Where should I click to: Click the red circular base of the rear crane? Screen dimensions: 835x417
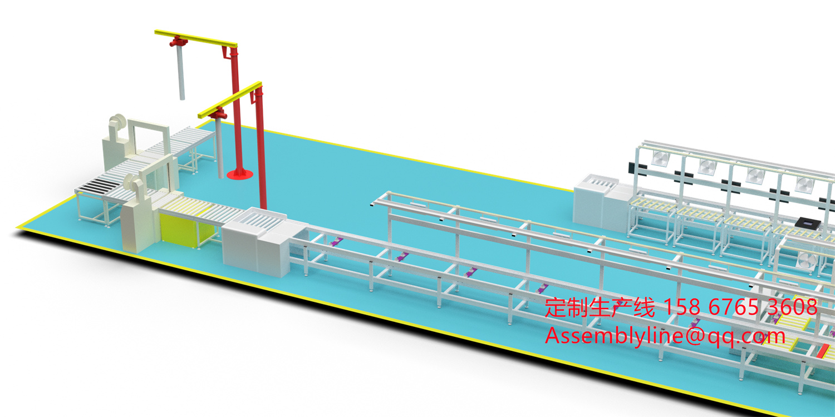tap(240, 174)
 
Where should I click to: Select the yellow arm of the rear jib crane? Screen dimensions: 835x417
tap(196, 38)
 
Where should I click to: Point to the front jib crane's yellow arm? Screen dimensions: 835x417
tap(229, 100)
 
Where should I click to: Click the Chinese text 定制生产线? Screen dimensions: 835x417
tap(600, 307)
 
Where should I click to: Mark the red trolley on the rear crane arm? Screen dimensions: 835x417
tap(179, 41)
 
